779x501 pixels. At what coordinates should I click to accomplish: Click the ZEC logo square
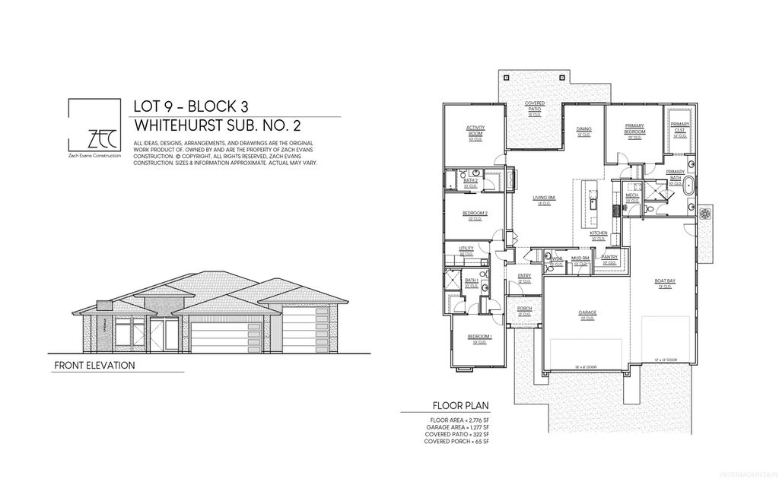(95, 125)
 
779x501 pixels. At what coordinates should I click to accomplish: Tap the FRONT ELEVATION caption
(94, 366)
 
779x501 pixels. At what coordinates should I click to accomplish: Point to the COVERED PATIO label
(535, 106)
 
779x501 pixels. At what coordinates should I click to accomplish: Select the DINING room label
(583, 130)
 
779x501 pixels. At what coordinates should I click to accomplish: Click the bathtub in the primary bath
(690, 186)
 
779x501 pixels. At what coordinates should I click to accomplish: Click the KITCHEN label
(599, 233)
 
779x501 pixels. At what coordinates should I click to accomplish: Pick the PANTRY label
(609, 258)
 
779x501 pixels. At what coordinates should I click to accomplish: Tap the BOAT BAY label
(664, 282)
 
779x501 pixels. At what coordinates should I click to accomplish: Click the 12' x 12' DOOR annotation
(665, 359)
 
